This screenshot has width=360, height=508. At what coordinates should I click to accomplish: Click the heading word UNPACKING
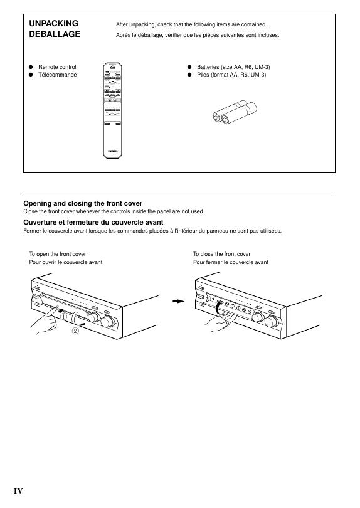[54, 23]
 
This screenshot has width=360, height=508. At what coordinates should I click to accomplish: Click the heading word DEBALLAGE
[55, 34]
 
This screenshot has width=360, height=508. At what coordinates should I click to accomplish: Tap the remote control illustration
[112, 110]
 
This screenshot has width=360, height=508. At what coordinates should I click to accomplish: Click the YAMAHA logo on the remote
[113, 151]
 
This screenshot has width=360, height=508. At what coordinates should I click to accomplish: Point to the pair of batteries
[235, 112]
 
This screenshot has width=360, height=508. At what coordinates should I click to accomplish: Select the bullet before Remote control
[31, 67]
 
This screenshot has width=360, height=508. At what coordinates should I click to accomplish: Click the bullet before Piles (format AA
[189, 75]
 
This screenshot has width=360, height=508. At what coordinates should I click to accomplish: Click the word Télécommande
[57, 75]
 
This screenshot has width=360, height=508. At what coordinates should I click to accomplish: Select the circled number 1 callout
[64, 317]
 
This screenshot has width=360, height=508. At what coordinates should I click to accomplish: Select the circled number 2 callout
[75, 331]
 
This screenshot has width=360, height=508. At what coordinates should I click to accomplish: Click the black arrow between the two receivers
[179, 301]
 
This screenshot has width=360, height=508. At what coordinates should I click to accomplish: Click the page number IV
[18, 491]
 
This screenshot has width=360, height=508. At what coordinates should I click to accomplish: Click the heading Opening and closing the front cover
[83, 203]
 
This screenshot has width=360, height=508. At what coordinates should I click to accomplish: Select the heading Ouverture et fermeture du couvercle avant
[93, 222]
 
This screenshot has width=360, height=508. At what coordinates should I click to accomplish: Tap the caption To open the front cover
[57, 254]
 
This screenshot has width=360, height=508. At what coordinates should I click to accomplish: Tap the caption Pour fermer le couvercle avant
[231, 262]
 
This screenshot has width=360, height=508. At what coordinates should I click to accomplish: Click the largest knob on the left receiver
[107, 321]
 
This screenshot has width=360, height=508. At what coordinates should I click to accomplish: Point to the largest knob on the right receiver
[272, 321]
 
